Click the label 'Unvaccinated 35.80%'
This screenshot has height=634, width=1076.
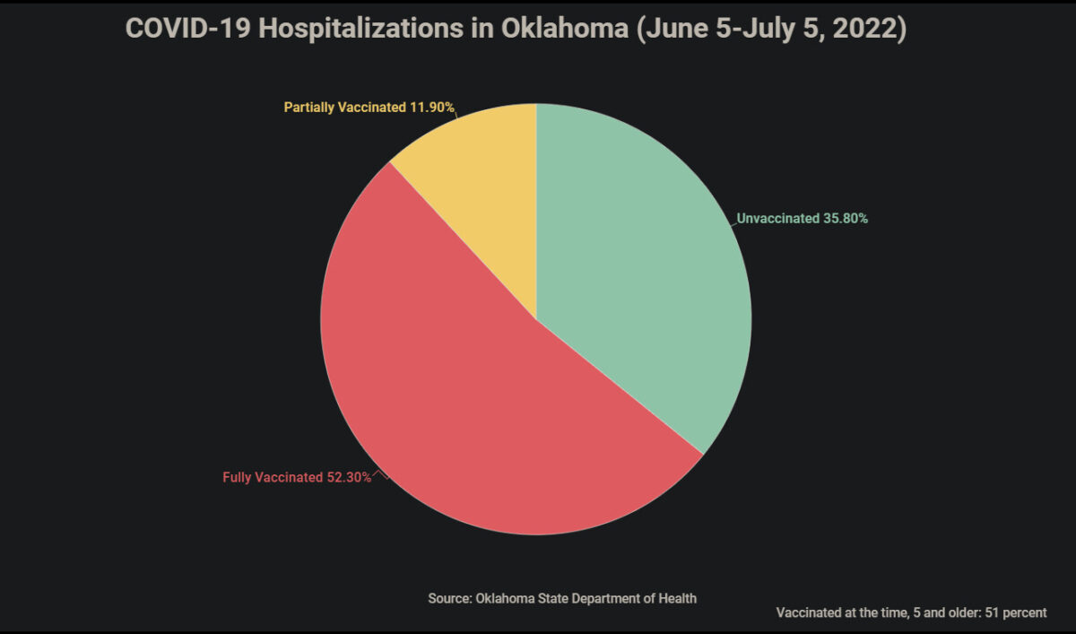click(x=802, y=218)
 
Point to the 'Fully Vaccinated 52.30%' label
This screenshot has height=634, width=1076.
click(x=297, y=477)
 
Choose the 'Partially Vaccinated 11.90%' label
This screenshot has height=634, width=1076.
click(x=369, y=108)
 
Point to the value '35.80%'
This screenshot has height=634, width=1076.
click(x=846, y=218)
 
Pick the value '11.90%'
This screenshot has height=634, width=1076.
click(x=432, y=108)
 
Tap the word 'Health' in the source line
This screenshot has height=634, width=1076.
click(x=678, y=598)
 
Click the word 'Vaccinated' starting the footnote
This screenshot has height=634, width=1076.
click(x=804, y=613)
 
